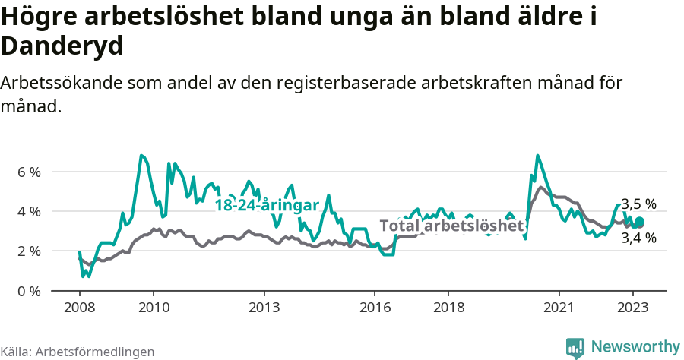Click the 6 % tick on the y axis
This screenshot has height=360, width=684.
pos(29,172)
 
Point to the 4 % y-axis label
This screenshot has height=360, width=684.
pos(29,211)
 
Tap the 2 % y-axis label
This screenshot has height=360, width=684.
pos(29,251)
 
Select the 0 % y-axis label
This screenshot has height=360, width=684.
pos(29,291)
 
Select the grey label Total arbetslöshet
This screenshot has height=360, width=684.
pos(451,226)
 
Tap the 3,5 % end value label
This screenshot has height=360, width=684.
pos(638,204)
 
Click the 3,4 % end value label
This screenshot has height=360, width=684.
pos(638,238)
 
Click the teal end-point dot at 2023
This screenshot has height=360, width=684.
pos(639,222)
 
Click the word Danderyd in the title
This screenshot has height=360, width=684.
pos(62,46)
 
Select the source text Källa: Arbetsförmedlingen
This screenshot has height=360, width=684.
pos(78,352)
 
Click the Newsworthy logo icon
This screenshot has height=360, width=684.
pos(575,347)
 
